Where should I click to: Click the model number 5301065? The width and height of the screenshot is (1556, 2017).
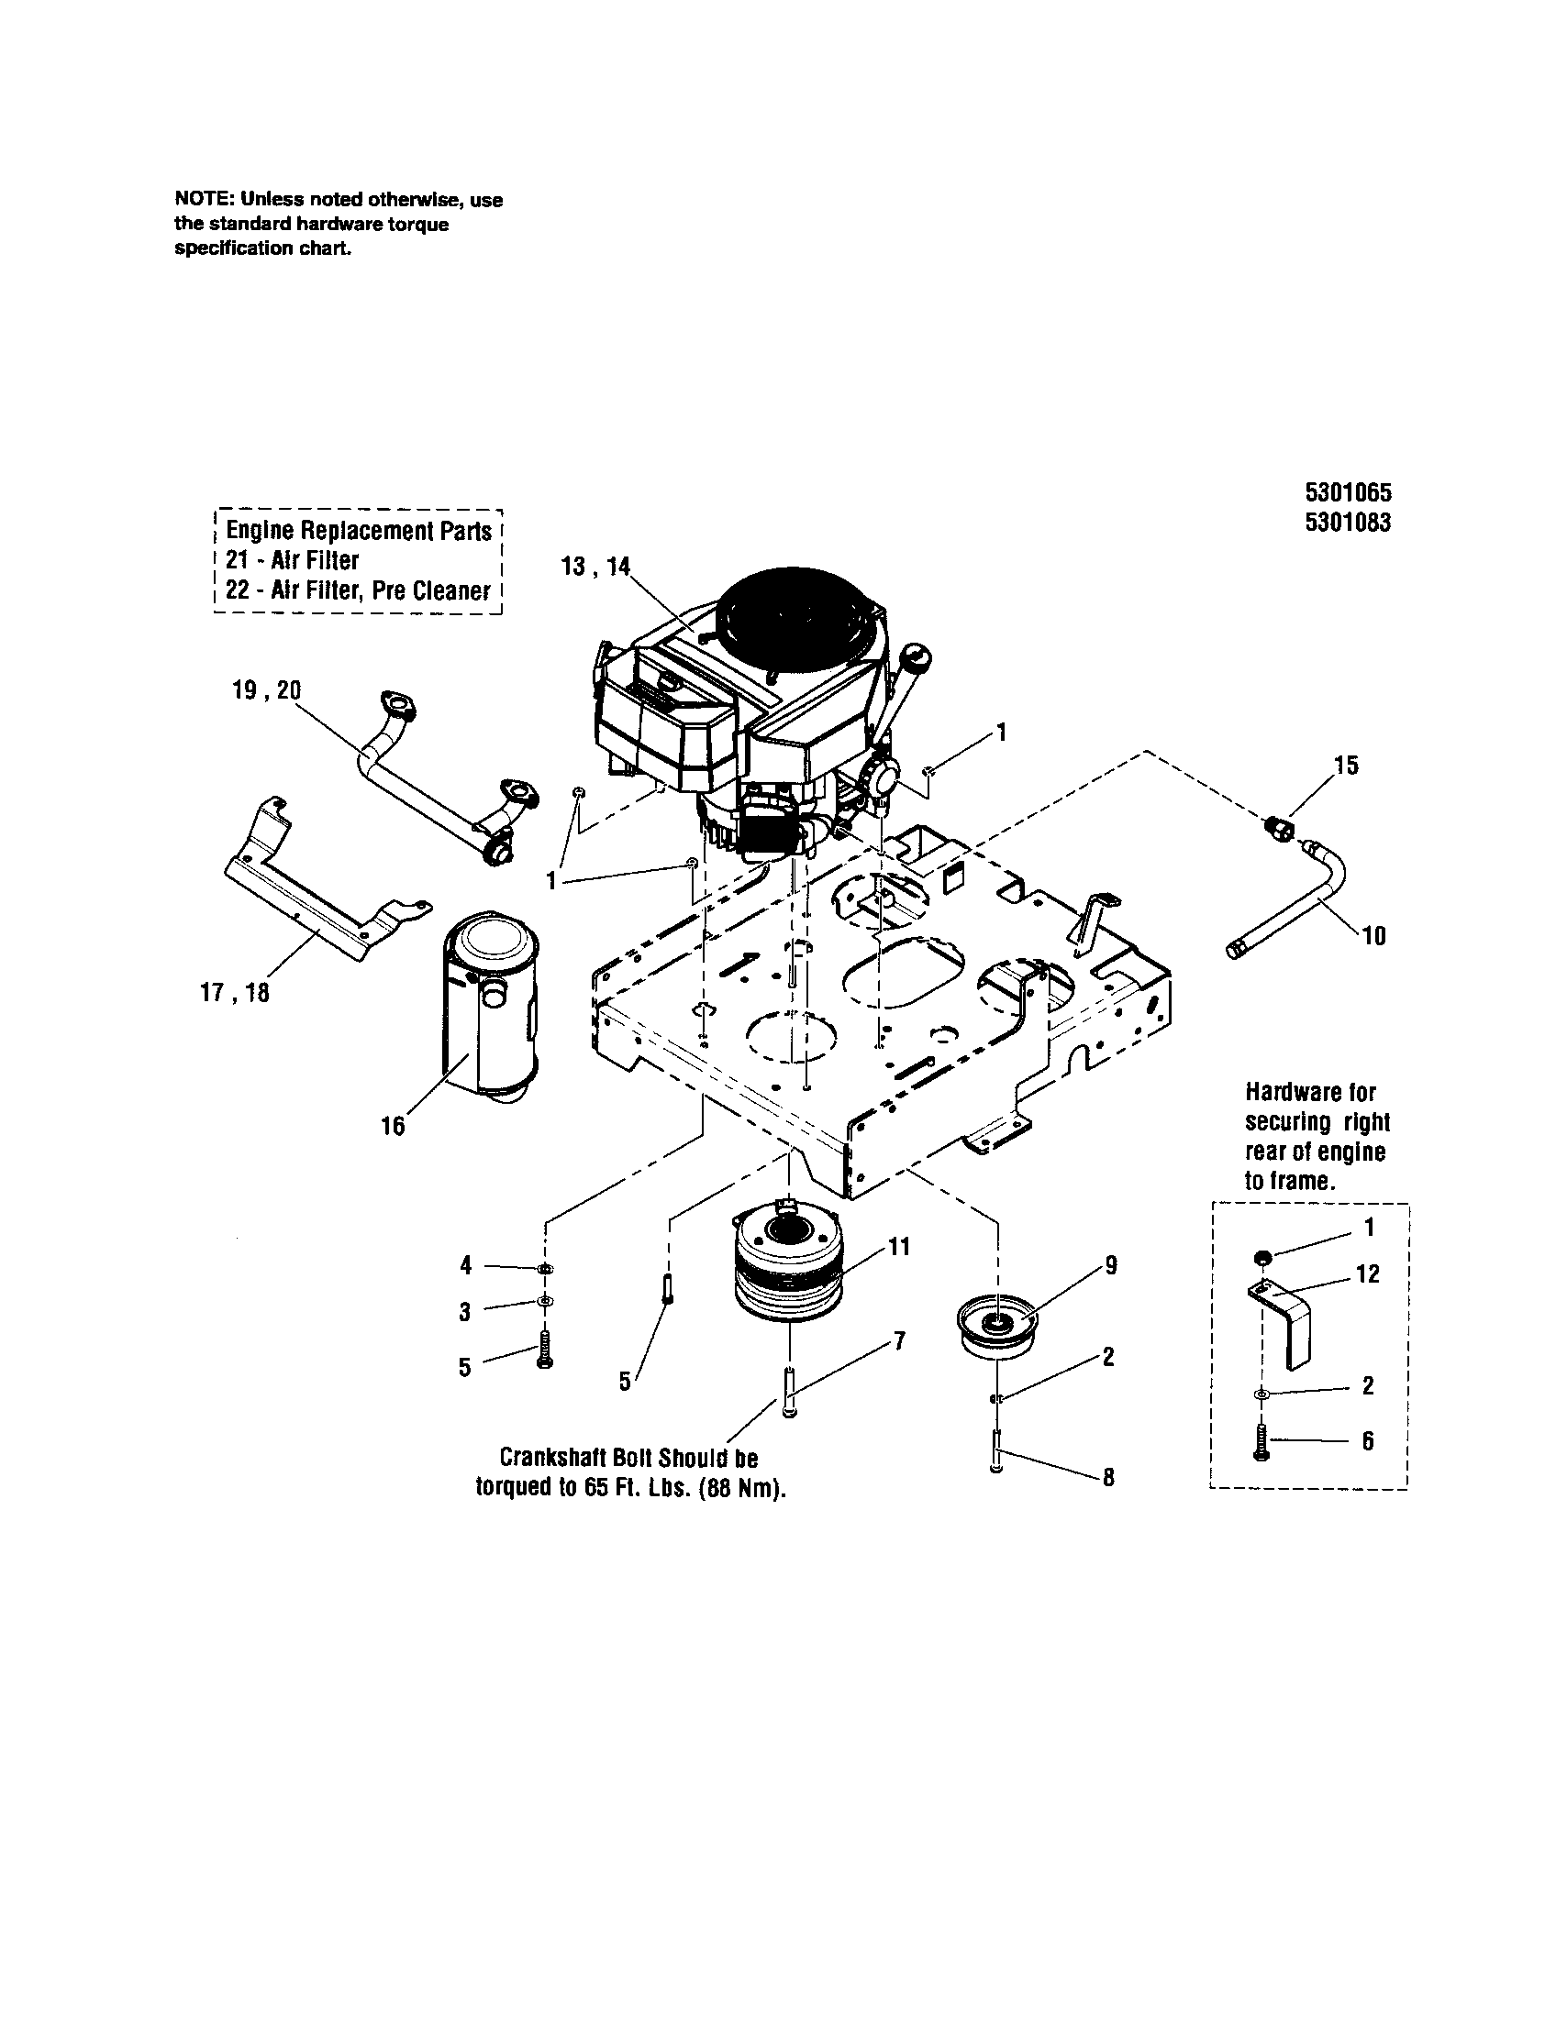coord(1347,492)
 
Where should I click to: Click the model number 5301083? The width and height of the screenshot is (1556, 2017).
coord(1347,523)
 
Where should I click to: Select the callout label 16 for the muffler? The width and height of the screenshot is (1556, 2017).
coord(393,1126)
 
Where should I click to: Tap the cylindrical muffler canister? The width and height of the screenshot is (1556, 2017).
coord(490,1007)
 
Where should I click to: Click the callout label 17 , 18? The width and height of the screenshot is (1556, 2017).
coord(235,993)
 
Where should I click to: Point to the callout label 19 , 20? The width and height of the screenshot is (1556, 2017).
coord(266,690)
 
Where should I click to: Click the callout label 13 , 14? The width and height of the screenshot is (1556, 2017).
coord(595,566)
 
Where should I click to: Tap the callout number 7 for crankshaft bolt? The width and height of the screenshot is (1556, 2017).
coord(900,1340)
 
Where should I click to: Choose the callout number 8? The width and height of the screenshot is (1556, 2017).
coord(1109,1478)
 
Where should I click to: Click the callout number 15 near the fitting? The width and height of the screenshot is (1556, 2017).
coord(1346,766)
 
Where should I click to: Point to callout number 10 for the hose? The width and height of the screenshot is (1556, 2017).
coord(1374,936)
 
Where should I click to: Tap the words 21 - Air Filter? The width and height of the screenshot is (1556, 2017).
coord(292,560)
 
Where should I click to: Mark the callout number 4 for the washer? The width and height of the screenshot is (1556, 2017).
coord(467,1265)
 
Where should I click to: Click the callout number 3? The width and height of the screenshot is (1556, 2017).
coord(465,1311)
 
